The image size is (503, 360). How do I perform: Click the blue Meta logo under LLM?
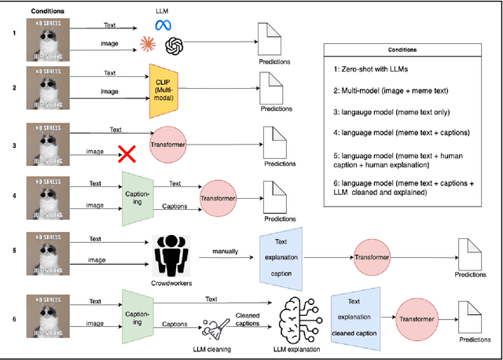pyautogui.click(x=165, y=25)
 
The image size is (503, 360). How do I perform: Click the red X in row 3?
pyautogui.click(x=126, y=153)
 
